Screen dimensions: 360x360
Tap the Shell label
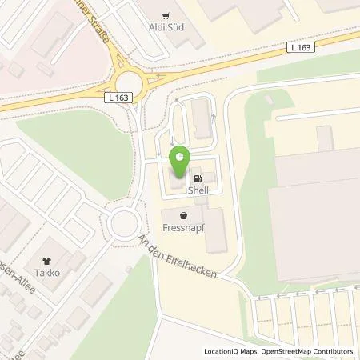point(198,191)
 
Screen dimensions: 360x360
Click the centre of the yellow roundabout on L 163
point(128,74)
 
